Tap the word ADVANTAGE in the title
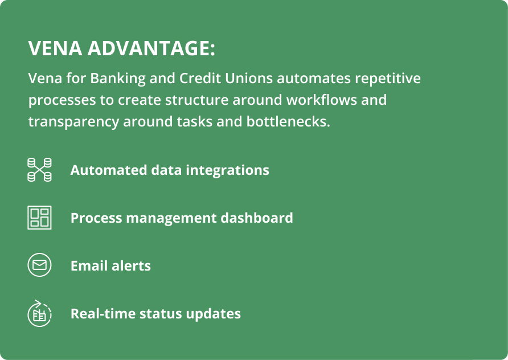point(151,48)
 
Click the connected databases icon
point(39,170)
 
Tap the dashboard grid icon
point(39,218)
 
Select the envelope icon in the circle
point(39,265)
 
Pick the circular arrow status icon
point(39,313)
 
